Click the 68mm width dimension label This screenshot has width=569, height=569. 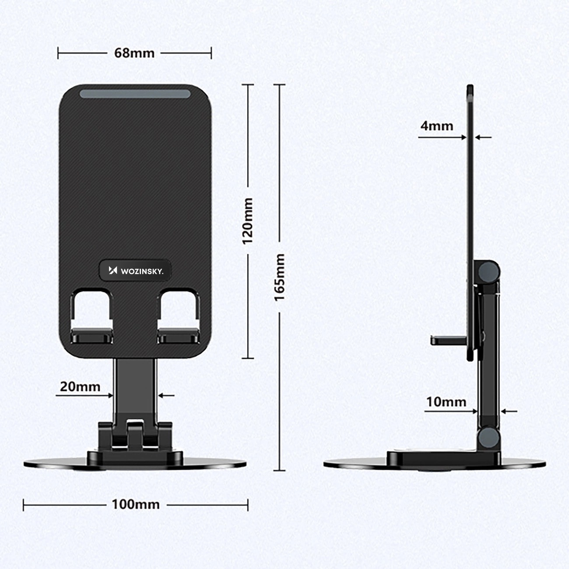pyautogui.click(x=134, y=53)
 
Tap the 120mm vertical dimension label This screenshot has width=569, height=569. pyautogui.click(x=248, y=221)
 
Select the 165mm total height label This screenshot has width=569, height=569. pyautogui.click(x=280, y=277)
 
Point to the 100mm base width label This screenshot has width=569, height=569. pyautogui.click(x=136, y=504)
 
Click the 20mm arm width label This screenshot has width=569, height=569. pyautogui.click(x=80, y=386)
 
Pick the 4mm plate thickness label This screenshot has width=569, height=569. pyautogui.click(x=437, y=126)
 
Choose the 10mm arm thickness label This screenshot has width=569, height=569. pyautogui.click(x=446, y=402)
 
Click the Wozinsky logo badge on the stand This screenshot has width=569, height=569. pyautogui.click(x=135, y=271)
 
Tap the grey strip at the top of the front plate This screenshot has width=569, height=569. pyautogui.click(x=135, y=94)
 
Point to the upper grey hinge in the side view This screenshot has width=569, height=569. pyautogui.click(x=488, y=272)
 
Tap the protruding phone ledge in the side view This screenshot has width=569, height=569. pyautogui.click(x=448, y=340)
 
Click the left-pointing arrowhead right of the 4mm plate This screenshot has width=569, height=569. pyautogui.click(x=478, y=137)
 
